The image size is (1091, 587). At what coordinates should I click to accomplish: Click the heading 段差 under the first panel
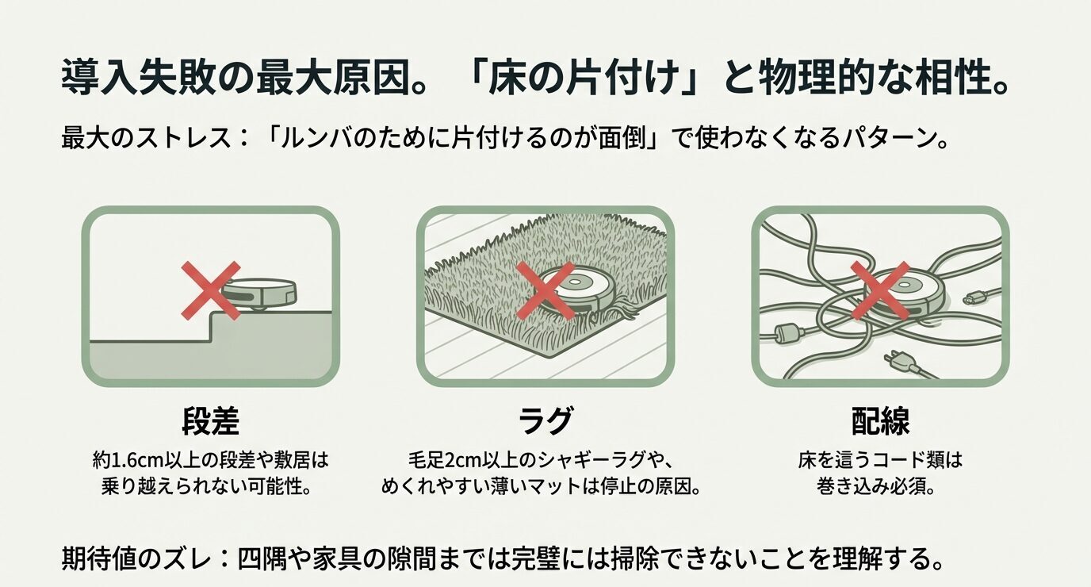[210, 422]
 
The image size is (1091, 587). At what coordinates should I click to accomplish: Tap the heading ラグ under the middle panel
[545, 422]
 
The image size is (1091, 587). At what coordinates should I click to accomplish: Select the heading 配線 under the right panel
[879, 422]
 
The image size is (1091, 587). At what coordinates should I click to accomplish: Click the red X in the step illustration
[210, 291]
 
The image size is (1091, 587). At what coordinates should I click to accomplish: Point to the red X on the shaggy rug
[545, 291]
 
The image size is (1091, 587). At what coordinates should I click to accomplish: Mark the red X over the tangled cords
[879, 291]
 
